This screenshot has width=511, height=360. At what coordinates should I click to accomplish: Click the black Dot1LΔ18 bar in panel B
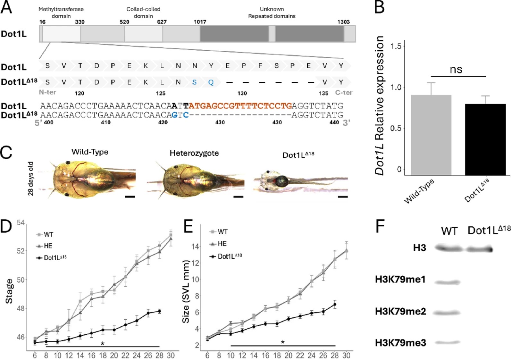click(x=485, y=139)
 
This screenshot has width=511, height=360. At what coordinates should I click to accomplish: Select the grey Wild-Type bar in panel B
click(x=431, y=135)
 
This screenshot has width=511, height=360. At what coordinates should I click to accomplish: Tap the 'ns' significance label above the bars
click(x=456, y=69)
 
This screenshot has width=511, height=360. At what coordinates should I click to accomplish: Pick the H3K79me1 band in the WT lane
click(x=448, y=282)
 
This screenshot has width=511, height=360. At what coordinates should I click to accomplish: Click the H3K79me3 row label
click(x=400, y=343)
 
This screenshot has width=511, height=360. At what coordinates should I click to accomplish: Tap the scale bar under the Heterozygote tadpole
click(x=238, y=197)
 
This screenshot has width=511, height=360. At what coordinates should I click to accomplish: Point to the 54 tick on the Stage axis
click(x=21, y=222)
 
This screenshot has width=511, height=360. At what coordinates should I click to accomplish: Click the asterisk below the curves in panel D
click(x=102, y=344)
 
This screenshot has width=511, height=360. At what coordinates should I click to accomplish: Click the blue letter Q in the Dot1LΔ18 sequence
click(x=211, y=82)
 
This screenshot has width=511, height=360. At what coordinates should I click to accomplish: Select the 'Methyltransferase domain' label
click(x=61, y=13)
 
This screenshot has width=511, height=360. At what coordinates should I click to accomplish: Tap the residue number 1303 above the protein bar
click(x=343, y=22)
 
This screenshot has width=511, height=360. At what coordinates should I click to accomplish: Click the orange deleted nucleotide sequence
click(x=240, y=105)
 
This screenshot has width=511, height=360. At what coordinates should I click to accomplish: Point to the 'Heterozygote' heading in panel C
click(x=194, y=153)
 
